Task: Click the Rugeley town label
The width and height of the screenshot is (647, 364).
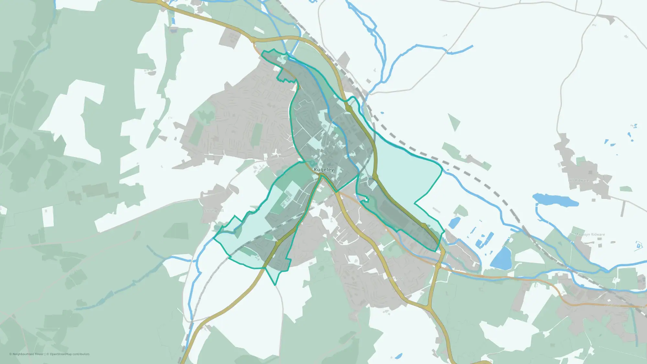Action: coord(323,170)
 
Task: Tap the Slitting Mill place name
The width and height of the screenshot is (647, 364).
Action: coord(214,211)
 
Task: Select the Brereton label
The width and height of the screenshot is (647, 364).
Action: coord(396,278)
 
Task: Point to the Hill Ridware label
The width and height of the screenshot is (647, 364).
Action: coord(579,180)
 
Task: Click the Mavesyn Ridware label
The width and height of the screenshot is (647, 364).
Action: coord(590,235)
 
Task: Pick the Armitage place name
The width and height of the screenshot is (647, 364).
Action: coord(612,305)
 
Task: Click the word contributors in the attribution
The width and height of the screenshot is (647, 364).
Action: coord(81,354)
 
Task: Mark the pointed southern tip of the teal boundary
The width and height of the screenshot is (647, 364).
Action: coord(275,285)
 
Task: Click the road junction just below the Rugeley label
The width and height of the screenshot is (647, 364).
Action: coord(320,175)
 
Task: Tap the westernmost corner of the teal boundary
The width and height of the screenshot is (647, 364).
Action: coord(214,238)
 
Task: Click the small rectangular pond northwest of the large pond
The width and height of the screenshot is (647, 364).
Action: coord(455,222)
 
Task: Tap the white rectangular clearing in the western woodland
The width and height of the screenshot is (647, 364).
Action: coord(48,216)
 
